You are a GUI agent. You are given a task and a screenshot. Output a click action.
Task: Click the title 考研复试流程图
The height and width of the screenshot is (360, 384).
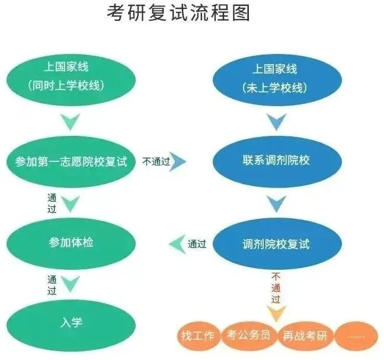coord(178,12)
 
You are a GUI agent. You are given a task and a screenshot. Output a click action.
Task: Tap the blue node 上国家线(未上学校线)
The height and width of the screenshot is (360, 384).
coord(275,78)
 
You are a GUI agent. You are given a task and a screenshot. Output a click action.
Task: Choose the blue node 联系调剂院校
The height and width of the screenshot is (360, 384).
coord(276,161)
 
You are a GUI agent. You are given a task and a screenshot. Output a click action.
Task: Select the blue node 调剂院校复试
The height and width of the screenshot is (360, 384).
coord(276,244)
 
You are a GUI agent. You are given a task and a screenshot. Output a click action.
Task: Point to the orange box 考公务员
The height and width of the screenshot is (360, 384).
coord(248,335)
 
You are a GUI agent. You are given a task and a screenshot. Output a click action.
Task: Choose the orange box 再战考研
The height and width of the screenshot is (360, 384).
coord(305,335)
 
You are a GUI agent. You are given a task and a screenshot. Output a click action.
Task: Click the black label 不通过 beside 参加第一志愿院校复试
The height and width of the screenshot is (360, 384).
coord(156,161)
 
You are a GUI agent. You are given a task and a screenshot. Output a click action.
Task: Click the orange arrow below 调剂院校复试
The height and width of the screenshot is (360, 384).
coord(276,313)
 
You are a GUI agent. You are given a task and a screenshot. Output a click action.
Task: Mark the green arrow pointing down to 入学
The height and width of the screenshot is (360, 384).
coord(71,283)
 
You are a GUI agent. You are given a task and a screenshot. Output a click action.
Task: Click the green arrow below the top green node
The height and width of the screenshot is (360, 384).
coord(71,122)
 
